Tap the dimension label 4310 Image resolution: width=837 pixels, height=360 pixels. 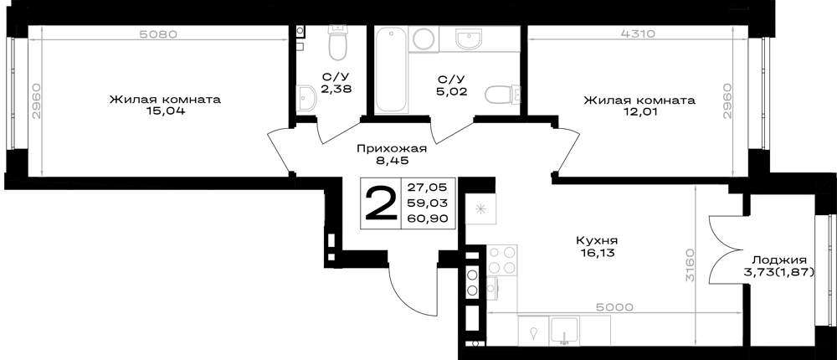(x=639, y=34)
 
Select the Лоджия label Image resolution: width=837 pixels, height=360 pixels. (x=778, y=260)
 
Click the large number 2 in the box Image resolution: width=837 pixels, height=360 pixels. (x=381, y=203)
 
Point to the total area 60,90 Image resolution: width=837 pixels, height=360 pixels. (x=428, y=218)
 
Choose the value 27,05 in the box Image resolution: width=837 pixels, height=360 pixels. (x=428, y=187)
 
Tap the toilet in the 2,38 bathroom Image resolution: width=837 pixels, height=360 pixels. (x=337, y=44)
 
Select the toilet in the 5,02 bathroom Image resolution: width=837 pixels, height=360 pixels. (x=501, y=95)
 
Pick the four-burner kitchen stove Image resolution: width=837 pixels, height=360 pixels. (x=502, y=260)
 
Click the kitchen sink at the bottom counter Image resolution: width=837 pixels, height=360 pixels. (x=564, y=330)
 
